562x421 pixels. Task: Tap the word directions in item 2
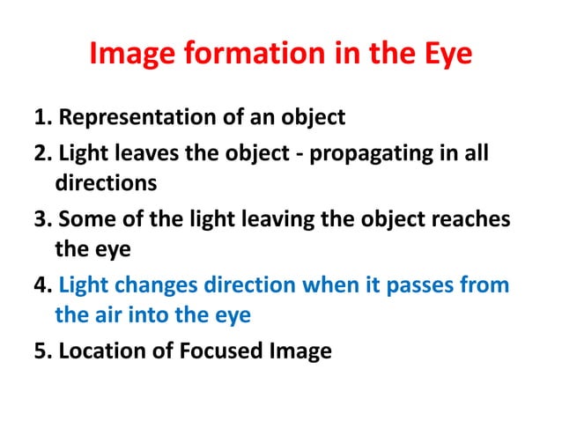107,185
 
